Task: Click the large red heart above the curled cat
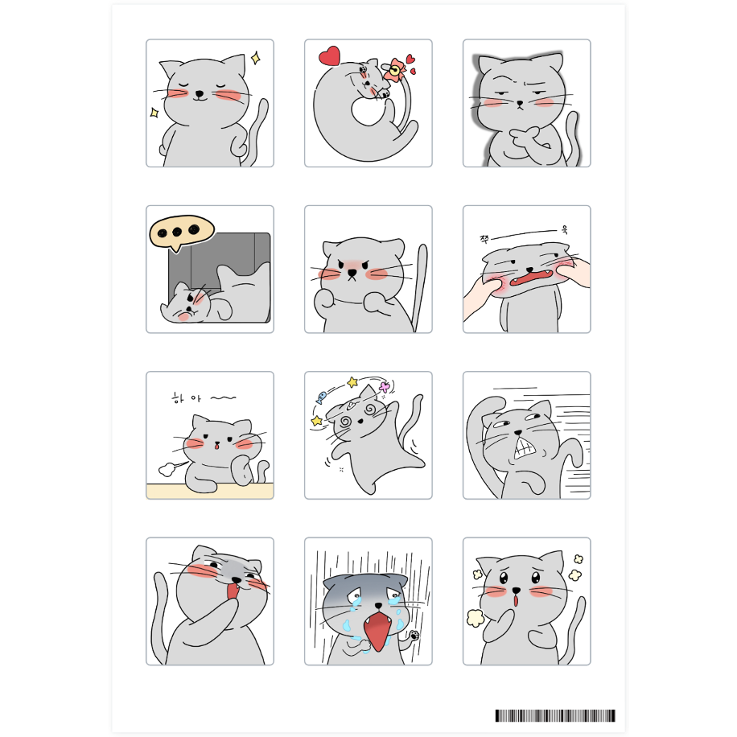330,56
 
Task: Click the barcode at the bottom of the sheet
555,715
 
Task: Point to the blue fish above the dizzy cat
322,397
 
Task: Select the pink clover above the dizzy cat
385,387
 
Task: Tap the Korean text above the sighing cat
204,398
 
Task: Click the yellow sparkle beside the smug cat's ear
256,58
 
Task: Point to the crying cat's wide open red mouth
377,629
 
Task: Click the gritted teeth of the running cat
525,447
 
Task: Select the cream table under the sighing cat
210,491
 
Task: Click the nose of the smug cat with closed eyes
200,93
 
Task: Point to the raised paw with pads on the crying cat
414,637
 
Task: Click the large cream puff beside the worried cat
476,618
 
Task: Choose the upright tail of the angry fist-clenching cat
419,286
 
